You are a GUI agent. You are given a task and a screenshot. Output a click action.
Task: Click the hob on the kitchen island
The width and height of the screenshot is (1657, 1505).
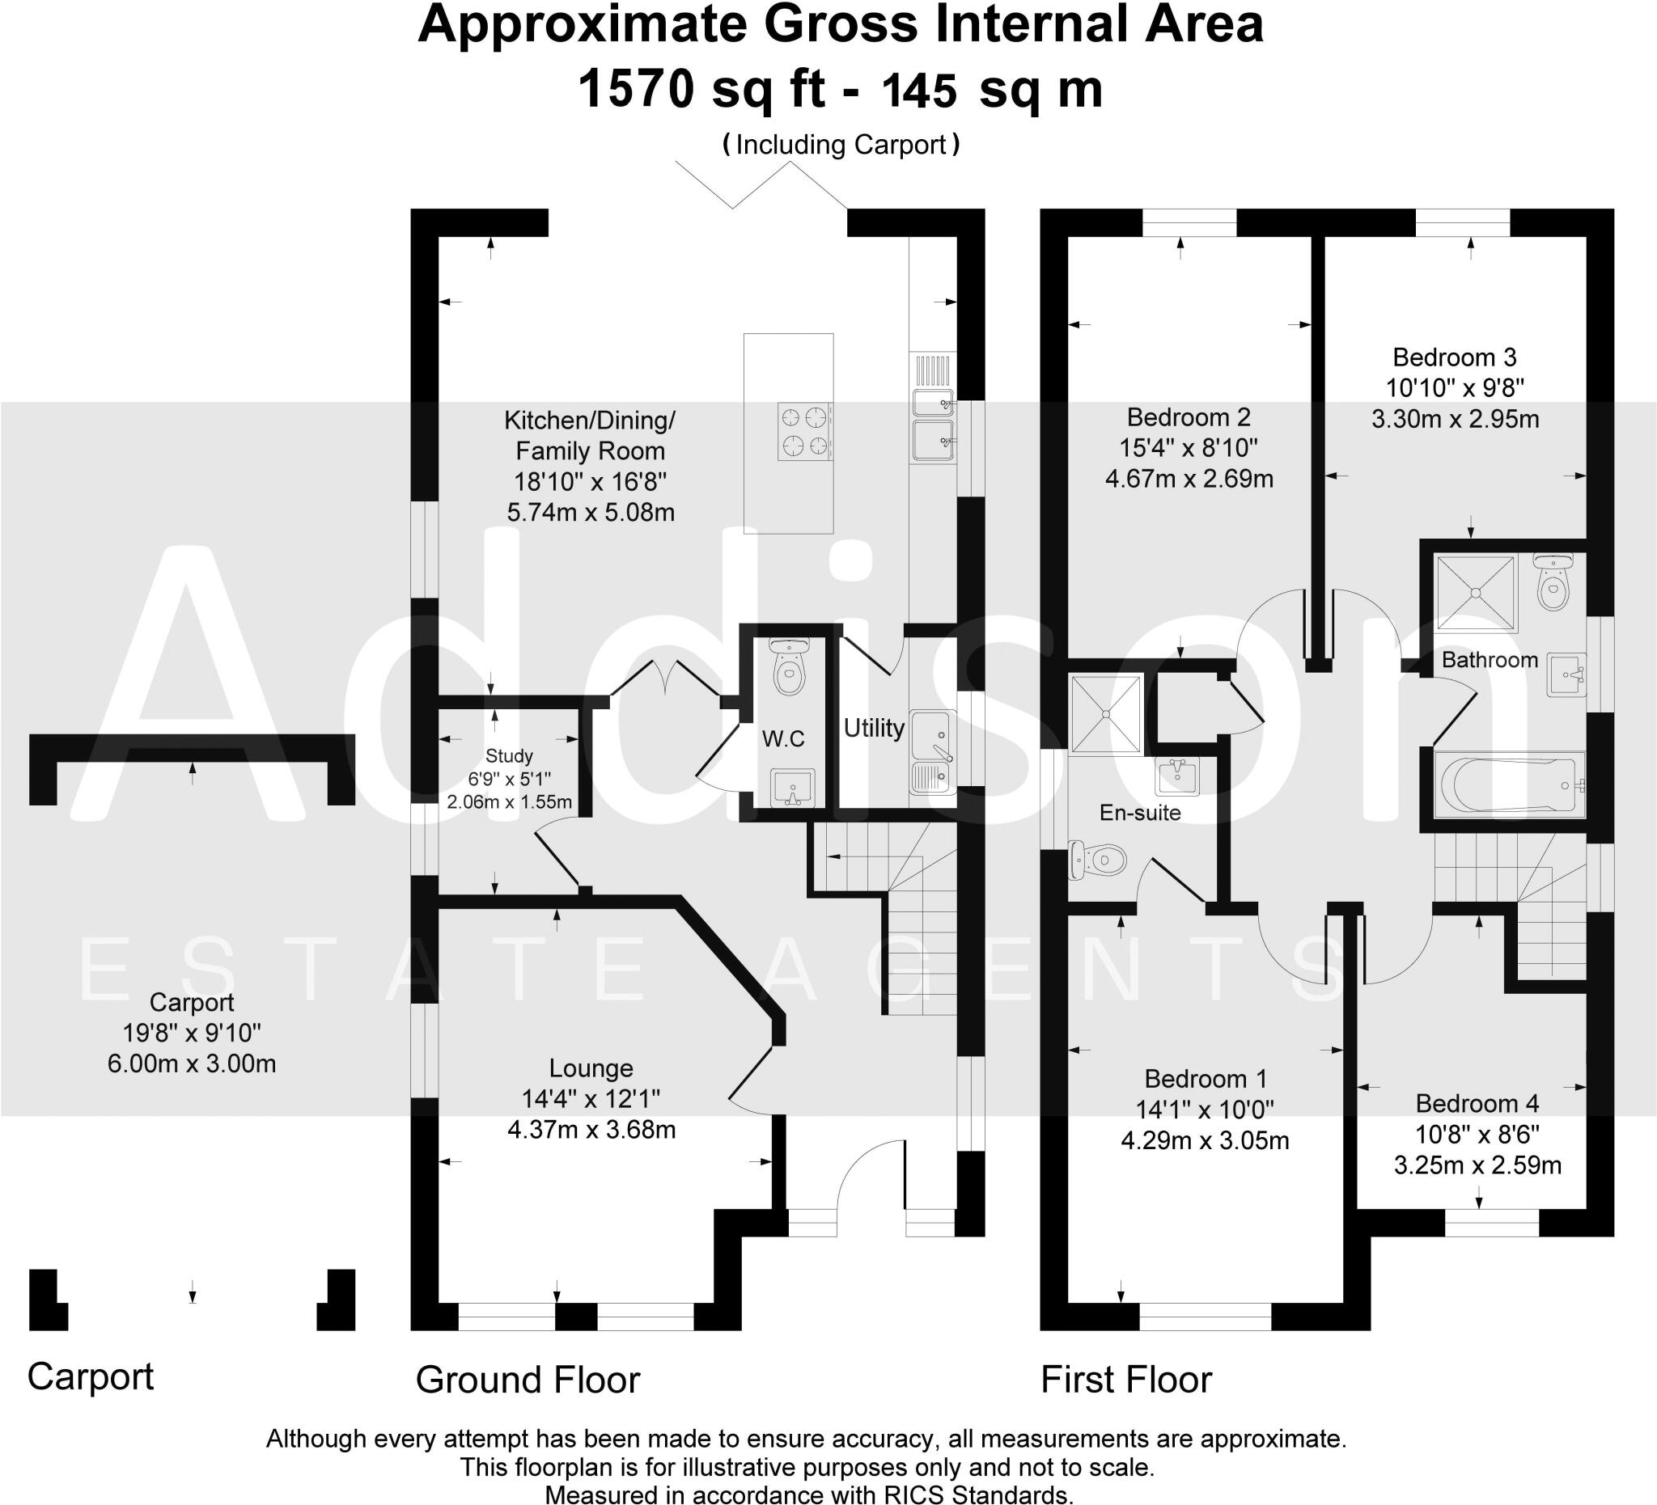pyautogui.click(x=805, y=430)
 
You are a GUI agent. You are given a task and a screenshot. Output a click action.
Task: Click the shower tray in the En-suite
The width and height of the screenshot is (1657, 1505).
pyautogui.click(x=1105, y=713)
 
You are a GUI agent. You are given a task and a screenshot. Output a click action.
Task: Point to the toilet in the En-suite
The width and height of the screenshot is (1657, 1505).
pyautogui.click(x=1097, y=860)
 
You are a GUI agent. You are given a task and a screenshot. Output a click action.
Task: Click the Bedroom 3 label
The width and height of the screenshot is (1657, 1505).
pyautogui.click(x=1455, y=357)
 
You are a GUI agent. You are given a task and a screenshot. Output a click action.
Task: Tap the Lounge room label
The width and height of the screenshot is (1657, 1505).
pyautogui.click(x=591, y=1068)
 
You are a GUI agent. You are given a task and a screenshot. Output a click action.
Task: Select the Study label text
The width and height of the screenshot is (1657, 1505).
pyautogui.click(x=509, y=756)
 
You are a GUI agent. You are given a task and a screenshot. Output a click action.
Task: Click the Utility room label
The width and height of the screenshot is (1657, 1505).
pyautogui.click(x=874, y=728)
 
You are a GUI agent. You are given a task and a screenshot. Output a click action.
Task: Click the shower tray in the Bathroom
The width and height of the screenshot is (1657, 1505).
pyautogui.click(x=1474, y=591)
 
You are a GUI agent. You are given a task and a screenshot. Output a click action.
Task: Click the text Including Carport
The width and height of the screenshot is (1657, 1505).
pyautogui.click(x=841, y=145)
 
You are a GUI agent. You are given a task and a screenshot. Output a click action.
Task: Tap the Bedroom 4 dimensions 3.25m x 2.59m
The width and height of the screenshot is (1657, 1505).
pyautogui.click(x=1478, y=1165)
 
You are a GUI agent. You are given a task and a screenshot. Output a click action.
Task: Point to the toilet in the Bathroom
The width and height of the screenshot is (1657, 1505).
pyautogui.click(x=1553, y=581)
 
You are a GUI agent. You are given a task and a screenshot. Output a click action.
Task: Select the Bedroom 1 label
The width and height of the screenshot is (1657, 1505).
pyautogui.click(x=1206, y=1079)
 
